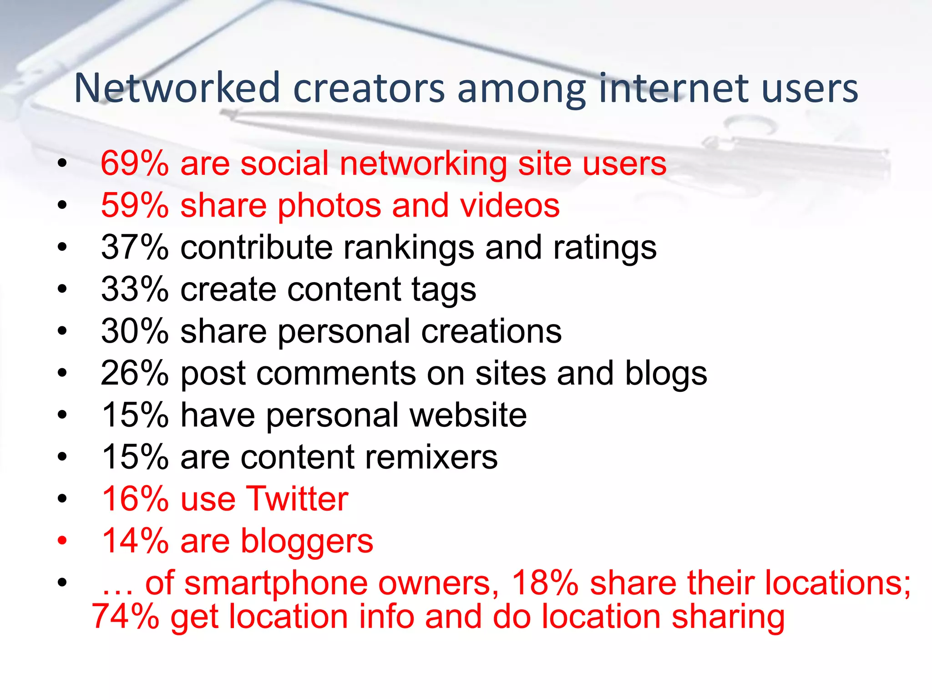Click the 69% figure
[135, 163]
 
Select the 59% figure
[135, 205]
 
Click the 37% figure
[135, 248]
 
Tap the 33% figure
[135, 289]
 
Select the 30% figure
[135, 331]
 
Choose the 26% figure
[135, 373]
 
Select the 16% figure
[135, 499]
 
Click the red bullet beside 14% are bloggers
[62, 541]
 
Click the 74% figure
[126, 617]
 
